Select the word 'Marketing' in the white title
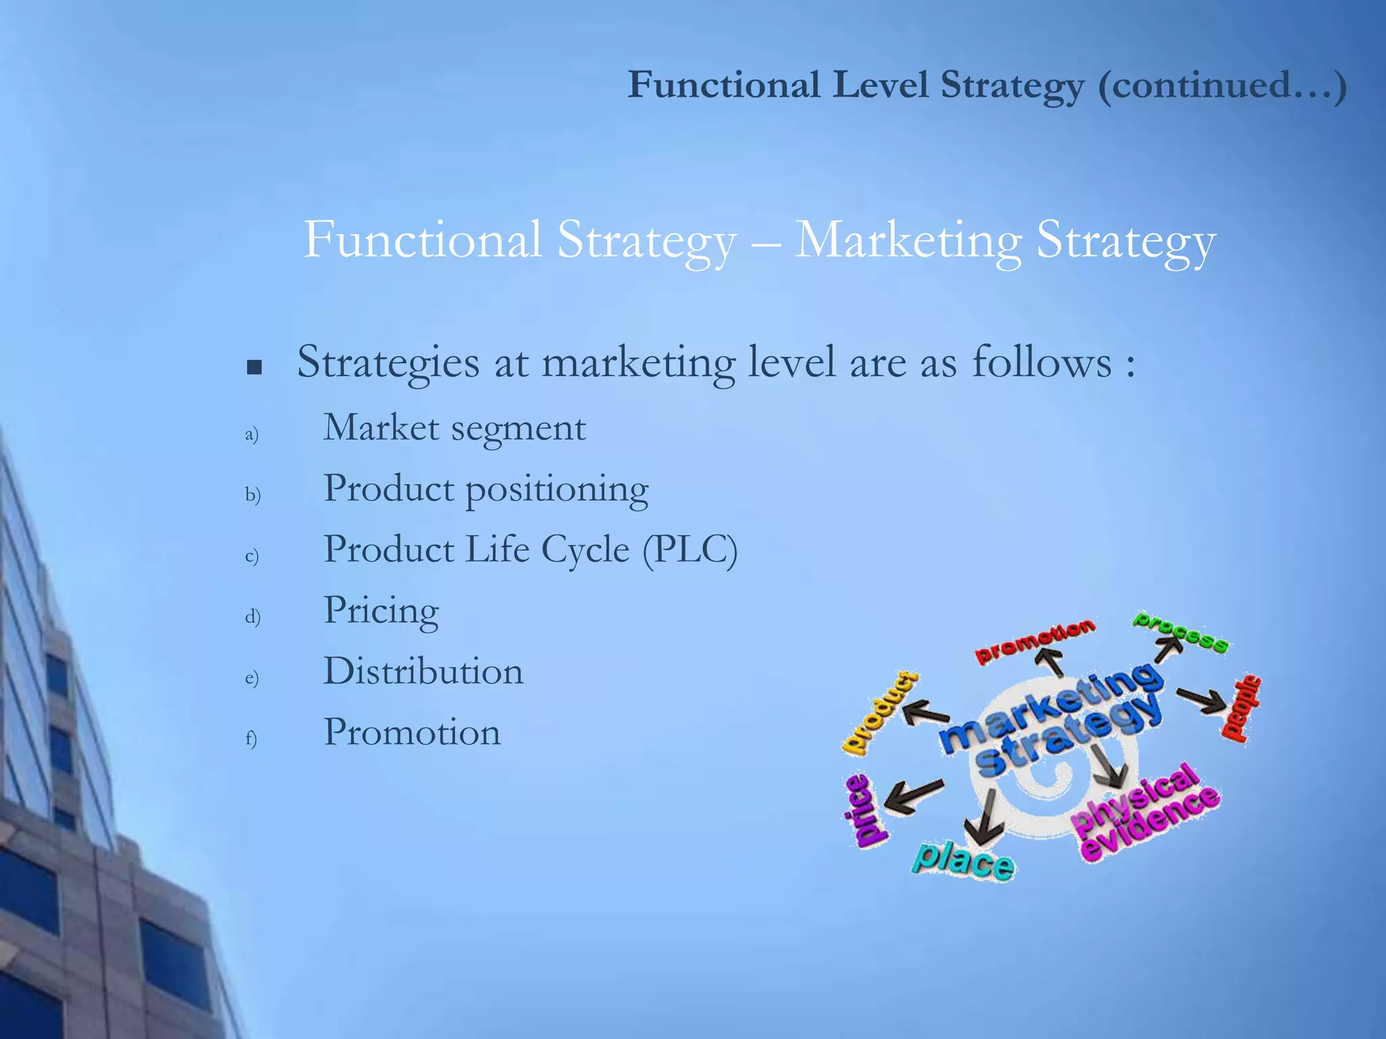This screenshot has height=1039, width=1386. coord(907,241)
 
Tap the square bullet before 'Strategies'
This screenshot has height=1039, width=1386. coord(254,367)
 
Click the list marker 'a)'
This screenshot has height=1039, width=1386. coord(252,434)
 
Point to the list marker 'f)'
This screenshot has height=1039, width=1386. coord(251,738)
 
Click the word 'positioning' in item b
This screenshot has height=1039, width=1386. coord(557,490)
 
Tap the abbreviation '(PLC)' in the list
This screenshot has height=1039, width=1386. coord(690,549)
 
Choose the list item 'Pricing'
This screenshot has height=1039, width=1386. coord(381,611)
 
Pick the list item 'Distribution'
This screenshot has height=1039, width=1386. coord(423,671)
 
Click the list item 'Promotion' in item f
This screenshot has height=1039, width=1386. coord(412,732)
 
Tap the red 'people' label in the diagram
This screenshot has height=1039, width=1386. coord(1241,708)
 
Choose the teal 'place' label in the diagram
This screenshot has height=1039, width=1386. coord(964,860)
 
